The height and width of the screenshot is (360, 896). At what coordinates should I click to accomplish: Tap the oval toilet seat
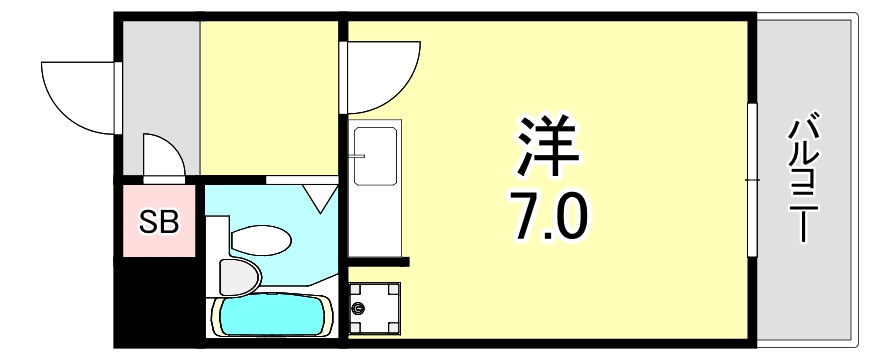coord(259,240)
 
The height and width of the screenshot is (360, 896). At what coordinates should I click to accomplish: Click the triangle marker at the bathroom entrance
coord(321,198)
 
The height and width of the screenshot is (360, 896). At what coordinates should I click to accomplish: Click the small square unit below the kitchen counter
coord(375,305)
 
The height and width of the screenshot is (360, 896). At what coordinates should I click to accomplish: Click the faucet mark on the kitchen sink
coord(357,156)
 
